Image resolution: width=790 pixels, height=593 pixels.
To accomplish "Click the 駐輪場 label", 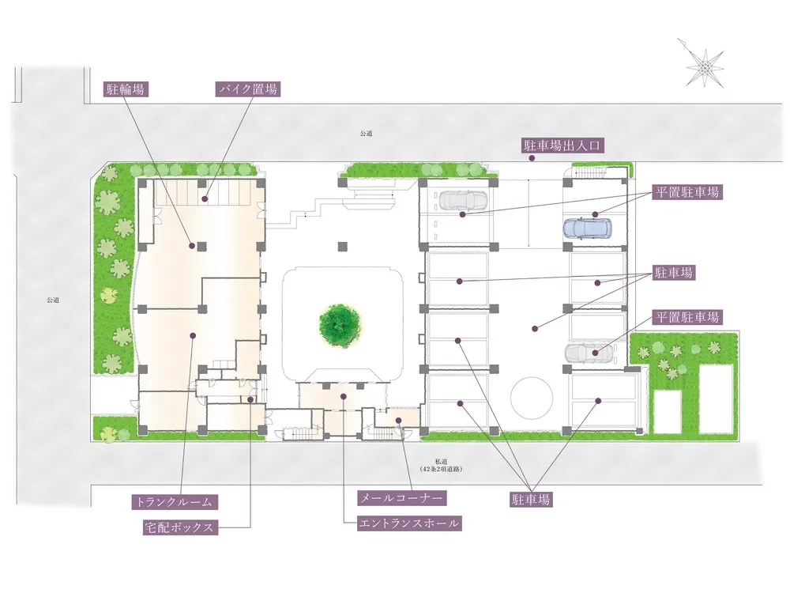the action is [125, 90].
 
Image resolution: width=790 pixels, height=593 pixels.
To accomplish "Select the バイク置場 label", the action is [248, 90].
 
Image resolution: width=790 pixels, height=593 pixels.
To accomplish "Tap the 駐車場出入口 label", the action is [562, 146].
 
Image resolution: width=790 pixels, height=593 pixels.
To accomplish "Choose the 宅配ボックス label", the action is [180, 527].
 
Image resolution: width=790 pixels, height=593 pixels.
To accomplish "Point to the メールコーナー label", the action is [401, 498].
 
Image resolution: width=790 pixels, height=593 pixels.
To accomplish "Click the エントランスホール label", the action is [409, 523].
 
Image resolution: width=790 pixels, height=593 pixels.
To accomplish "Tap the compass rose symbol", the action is [704, 65].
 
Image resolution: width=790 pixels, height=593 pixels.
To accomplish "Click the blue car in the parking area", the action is [588, 229].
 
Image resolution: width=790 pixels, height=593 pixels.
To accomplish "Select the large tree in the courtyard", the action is [340, 325].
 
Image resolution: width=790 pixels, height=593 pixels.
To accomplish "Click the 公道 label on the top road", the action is [367, 134].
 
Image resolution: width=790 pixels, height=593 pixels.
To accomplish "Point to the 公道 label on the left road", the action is [53, 300].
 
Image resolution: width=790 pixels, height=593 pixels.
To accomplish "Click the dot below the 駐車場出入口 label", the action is [531, 158].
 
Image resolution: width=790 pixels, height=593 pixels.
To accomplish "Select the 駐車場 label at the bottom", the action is [531, 500].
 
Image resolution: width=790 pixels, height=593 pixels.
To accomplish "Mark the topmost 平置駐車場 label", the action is [687, 192].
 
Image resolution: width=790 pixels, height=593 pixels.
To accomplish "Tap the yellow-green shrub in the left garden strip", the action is [107, 294].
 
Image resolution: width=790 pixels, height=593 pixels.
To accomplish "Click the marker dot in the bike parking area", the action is [205, 199].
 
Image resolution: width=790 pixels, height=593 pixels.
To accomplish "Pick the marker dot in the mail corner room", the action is [398, 420].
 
